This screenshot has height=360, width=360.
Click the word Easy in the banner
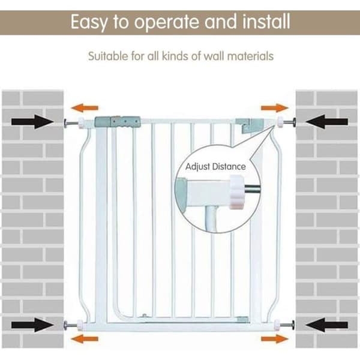(89, 22)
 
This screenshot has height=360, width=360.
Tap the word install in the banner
(266, 22)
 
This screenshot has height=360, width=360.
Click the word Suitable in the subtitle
(108, 56)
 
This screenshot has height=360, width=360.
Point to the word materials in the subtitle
(250, 56)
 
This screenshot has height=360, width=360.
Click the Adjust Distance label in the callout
(215, 167)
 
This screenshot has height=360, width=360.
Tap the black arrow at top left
(32, 122)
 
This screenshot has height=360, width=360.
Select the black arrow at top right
(327, 122)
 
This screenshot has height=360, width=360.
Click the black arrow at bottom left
(32, 325)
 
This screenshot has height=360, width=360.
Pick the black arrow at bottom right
(327, 325)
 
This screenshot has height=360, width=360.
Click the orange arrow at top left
(85, 108)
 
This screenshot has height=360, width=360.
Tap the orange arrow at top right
(275, 108)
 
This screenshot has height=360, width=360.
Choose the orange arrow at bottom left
(85, 338)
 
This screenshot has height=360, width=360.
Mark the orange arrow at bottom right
(275, 338)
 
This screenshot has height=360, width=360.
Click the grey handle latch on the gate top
(118, 122)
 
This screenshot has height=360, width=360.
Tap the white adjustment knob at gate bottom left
(80, 325)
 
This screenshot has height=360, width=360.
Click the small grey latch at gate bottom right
(242, 319)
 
